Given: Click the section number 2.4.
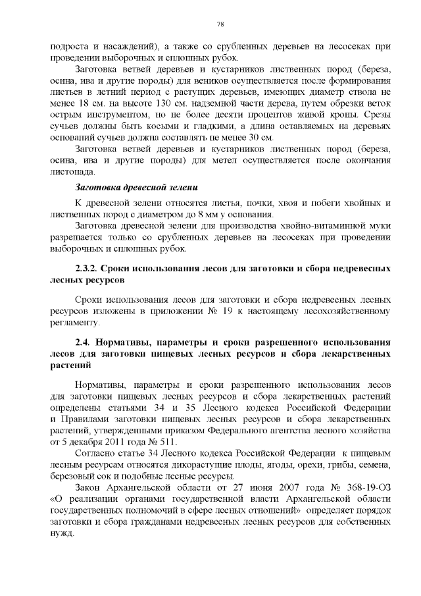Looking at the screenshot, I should click(x=84, y=342).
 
